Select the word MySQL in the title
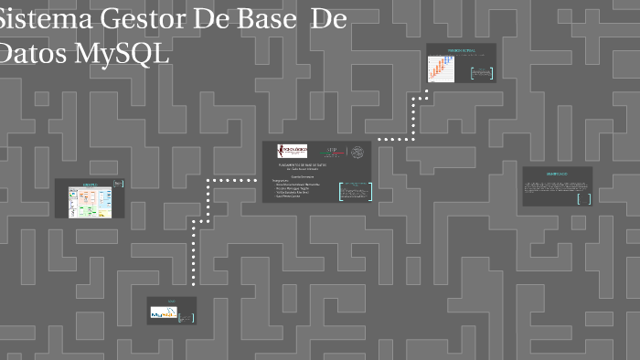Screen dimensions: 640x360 [x=122, y=53]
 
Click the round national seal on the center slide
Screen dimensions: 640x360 [x=357, y=152]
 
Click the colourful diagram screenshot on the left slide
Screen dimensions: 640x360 [x=90, y=200]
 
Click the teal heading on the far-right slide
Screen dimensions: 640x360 [x=557, y=173]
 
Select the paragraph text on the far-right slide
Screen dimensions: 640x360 [x=556, y=186]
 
